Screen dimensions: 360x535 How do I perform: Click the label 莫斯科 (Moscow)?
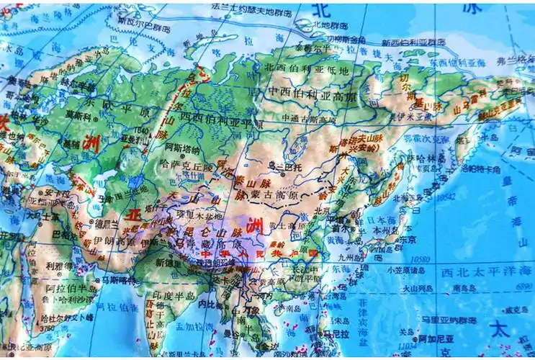80,114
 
